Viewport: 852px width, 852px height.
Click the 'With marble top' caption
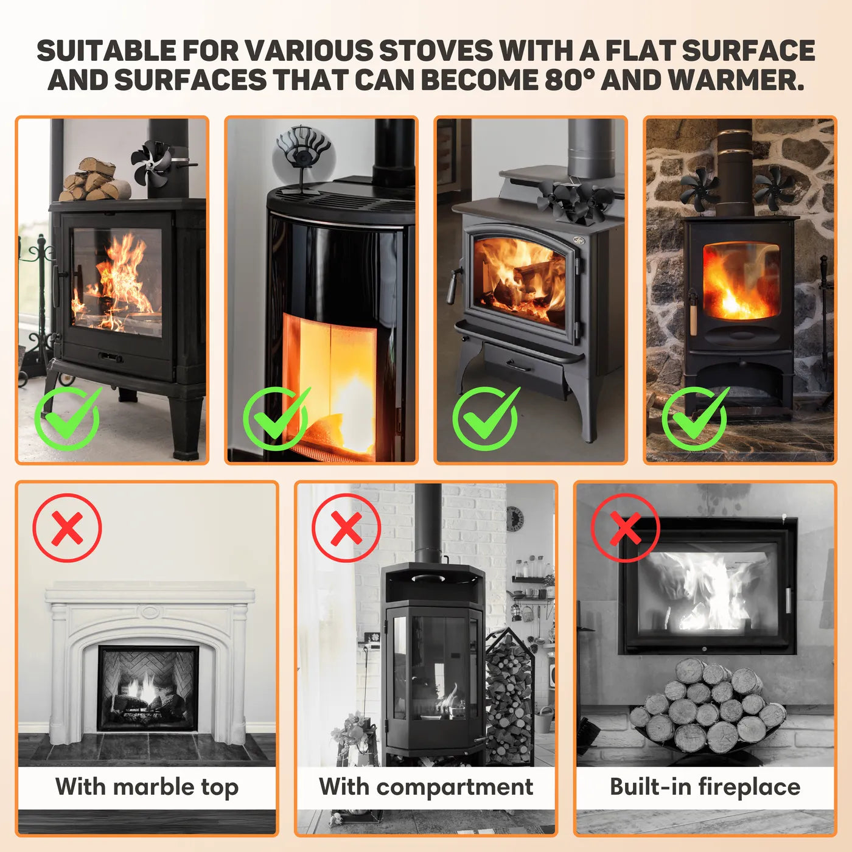click(x=147, y=786)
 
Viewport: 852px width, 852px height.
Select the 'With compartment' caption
click(x=426, y=786)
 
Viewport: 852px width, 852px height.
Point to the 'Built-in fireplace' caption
click(x=705, y=786)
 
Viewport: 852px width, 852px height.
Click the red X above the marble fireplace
click(x=67, y=528)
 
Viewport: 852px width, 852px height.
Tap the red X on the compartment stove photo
click(x=346, y=528)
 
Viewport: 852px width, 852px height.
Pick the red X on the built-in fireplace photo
click(x=625, y=528)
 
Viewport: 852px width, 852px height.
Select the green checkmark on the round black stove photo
click(x=276, y=418)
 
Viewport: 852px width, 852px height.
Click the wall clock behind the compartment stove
click(x=515, y=519)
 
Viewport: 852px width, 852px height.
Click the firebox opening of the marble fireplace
click(x=148, y=688)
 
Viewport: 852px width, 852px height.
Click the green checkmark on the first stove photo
click(x=68, y=418)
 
